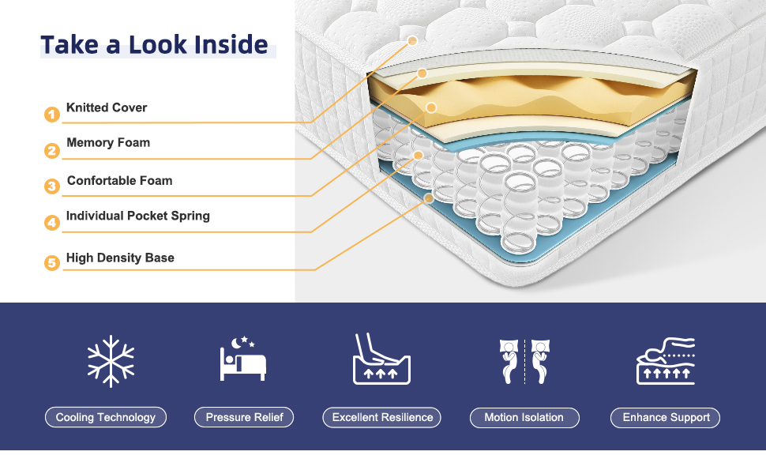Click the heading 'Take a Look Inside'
tap(155, 44)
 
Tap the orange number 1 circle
tap(52, 115)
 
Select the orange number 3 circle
tap(52, 187)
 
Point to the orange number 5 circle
tap(52, 263)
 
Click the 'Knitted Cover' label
tap(107, 107)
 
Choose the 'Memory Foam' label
tap(108, 143)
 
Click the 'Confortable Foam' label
tap(119, 181)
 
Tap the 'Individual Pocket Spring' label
tap(138, 216)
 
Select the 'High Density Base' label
tap(120, 258)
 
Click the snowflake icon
tap(111, 361)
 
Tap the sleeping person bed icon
tap(243, 359)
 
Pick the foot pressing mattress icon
tap(381, 359)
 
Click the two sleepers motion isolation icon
tap(524, 361)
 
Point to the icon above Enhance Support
tap(666, 361)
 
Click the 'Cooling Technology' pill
tap(106, 417)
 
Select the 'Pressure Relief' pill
tap(244, 417)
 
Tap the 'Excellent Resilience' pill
tap(382, 417)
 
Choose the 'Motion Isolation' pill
tap(525, 417)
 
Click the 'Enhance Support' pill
tap(666, 417)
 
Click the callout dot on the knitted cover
tap(412, 39)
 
